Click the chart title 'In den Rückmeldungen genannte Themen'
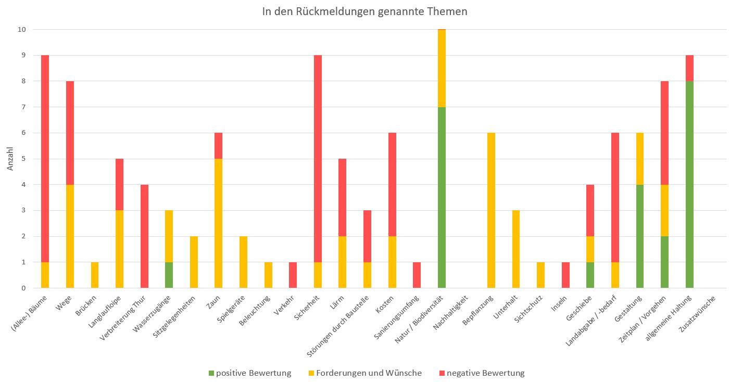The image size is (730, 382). point(364,11)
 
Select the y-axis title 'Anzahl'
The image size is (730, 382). point(10,158)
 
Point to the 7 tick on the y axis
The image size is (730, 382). point(22,107)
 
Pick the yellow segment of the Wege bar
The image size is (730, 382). point(70,236)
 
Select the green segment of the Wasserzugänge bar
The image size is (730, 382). point(169,275)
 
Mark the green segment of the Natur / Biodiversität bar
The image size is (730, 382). point(442,198)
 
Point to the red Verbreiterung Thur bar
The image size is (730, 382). point(144,236)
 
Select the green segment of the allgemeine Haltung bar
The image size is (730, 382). point(690,185)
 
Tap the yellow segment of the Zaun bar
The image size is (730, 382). point(219,223)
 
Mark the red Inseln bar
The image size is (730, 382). point(566,275)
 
